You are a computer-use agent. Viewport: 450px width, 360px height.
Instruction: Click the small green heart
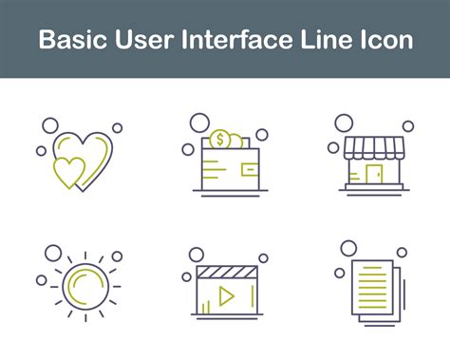coord(68,172)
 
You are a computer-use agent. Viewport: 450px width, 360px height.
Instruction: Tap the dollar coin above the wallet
coord(219,141)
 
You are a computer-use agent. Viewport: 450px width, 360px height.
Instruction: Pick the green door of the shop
coord(372,174)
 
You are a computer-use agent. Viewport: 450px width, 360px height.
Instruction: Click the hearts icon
coord(82,160)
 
